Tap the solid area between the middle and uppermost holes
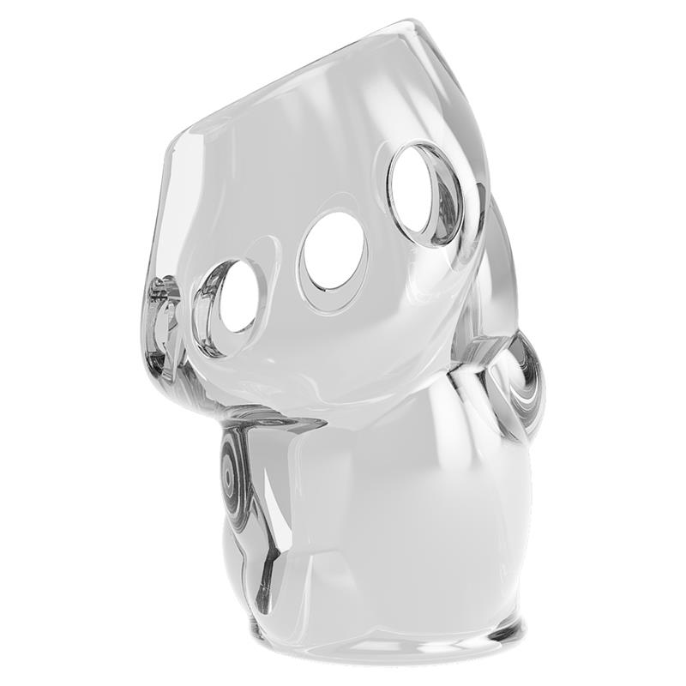tap(377, 219)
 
